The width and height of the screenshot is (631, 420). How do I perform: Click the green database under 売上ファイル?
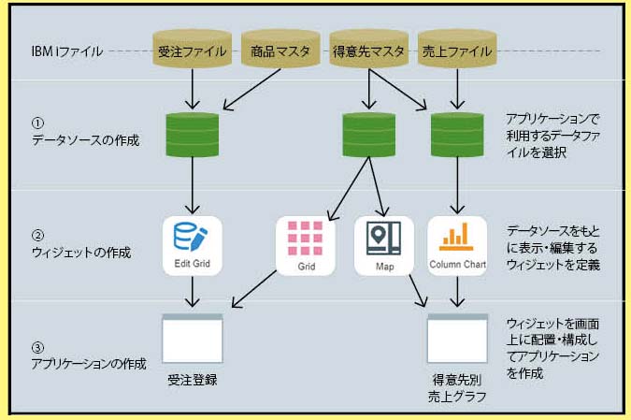[454, 136]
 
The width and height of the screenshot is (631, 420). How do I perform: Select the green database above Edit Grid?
[191, 136]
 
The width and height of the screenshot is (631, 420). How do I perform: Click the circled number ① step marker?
[37, 123]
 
